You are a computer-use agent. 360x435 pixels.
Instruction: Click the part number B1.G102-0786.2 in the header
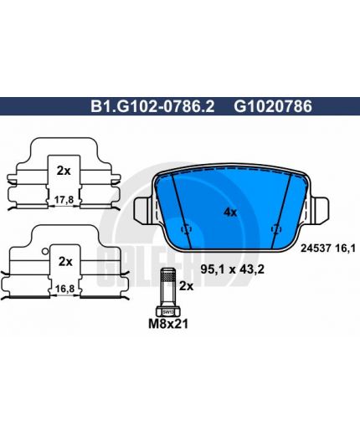[x=152, y=106]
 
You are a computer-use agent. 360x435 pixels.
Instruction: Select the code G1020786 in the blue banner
[x=273, y=106]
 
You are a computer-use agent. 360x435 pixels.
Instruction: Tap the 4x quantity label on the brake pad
[x=230, y=212]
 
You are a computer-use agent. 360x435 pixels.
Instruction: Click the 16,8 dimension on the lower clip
[x=64, y=289]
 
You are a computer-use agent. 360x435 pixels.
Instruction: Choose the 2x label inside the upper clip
[x=64, y=171]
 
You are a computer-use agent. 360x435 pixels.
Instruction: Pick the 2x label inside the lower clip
[x=65, y=262]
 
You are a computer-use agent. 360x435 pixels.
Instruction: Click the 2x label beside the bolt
[x=186, y=286]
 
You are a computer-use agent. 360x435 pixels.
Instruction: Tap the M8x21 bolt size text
[x=168, y=324]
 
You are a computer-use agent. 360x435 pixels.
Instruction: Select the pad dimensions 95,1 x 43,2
[x=233, y=269]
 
